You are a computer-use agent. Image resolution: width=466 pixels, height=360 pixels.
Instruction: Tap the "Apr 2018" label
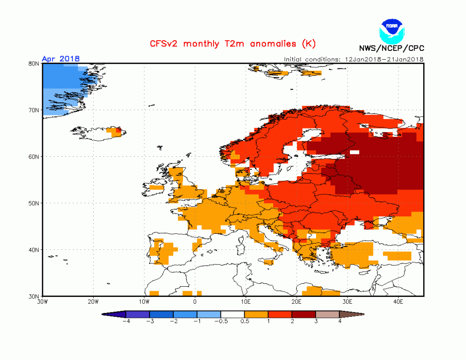[61, 59]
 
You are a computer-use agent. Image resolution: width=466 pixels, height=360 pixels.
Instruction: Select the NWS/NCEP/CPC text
[391, 48]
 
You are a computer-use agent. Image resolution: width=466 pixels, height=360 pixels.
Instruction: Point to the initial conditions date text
[354, 59]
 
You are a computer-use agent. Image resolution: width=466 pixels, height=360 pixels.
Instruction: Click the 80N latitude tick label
[33, 64]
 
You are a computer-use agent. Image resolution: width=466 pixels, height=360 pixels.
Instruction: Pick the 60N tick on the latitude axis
[33, 157]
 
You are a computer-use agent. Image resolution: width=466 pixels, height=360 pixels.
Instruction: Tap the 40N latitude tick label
[33, 250]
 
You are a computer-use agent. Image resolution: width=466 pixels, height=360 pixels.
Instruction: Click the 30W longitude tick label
[43, 302]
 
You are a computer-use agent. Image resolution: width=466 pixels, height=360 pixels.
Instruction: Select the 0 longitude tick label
[195, 302]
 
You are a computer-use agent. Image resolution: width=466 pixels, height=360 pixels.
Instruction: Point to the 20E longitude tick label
[297, 302]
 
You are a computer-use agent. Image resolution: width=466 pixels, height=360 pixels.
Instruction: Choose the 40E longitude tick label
[399, 302]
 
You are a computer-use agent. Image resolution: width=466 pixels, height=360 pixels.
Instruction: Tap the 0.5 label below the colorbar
[245, 321]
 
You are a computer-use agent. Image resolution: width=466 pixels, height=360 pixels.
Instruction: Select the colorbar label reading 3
[316, 321]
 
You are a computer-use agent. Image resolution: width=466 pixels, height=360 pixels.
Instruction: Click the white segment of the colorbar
[233, 314]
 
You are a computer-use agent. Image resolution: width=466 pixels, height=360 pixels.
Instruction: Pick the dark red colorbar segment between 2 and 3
[304, 314]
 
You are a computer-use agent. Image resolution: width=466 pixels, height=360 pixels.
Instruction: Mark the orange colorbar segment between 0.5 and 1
[256, 314]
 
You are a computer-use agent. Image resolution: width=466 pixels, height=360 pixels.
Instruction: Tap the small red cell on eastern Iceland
[118, 130]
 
